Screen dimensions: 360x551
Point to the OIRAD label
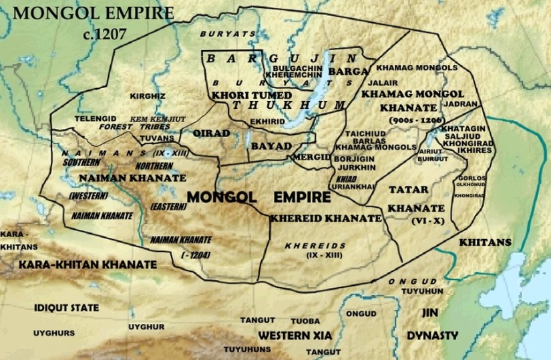pos(211,134)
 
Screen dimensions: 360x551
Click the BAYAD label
pos(271,146)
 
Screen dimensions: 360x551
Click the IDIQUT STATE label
pos(66,308)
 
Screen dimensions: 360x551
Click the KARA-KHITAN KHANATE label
pos(87,265)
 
